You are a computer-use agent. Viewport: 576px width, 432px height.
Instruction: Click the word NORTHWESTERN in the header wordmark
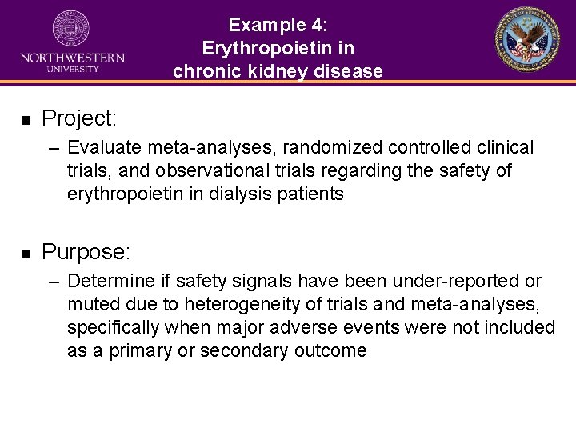pos(72,58)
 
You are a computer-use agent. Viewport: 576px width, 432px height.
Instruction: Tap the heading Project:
pos(79,119)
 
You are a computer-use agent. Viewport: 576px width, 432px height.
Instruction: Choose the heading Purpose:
pos(86,253)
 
